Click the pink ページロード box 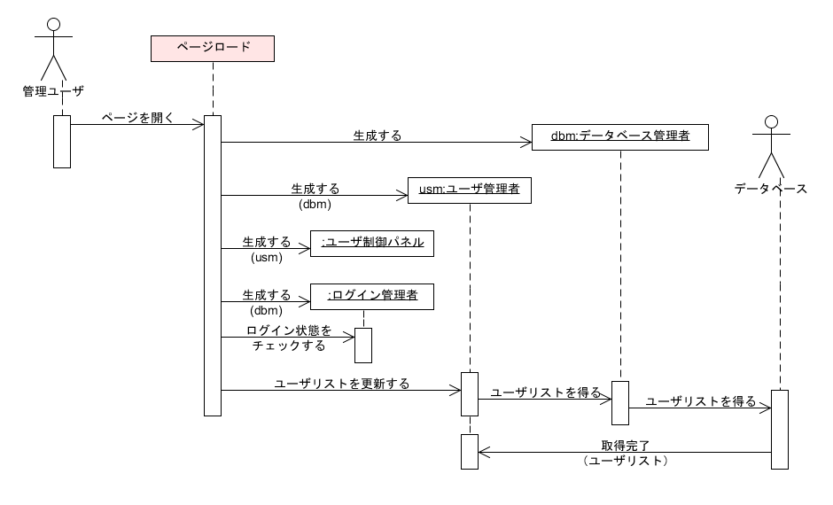(x=212, y=48)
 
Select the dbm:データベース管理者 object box (x=619, y=136)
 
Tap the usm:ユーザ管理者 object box (x=469, y=190)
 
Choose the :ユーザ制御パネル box (x=371, y=243)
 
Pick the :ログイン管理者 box (x=371, y=296)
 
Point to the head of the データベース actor (x=770, y=123)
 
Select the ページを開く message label (x=136, y=116)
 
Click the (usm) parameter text (x=266, y=258)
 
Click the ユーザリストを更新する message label (x=342, y=383)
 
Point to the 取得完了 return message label (x=626, y=446)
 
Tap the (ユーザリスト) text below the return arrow (x=626, y=462)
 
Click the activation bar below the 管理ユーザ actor (x=61, y=141)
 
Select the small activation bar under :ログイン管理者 (x=362, y=345)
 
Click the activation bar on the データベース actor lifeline (x=779, y=429)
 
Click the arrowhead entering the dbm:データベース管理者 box (x=525, y=142)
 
